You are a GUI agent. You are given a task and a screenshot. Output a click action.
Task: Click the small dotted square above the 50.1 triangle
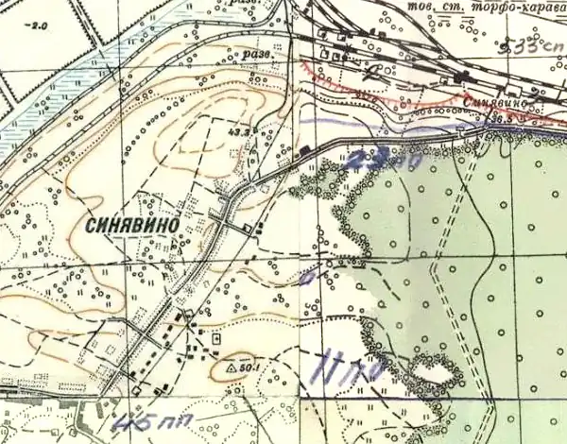pos(217,337)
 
